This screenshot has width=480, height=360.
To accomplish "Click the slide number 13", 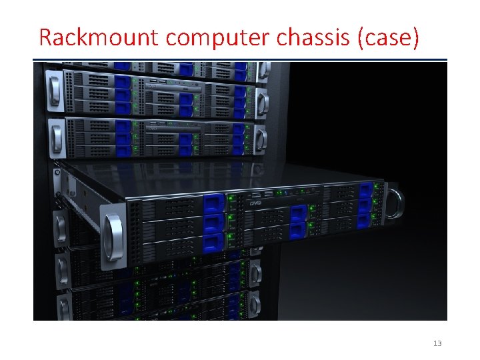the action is click(x=437, y=343).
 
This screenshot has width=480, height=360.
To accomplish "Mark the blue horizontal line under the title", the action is click(x=240, y=61).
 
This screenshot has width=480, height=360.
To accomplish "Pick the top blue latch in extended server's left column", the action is click(x=211, y=203).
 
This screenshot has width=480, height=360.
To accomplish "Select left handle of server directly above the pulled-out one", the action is click(x=54, y=137).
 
